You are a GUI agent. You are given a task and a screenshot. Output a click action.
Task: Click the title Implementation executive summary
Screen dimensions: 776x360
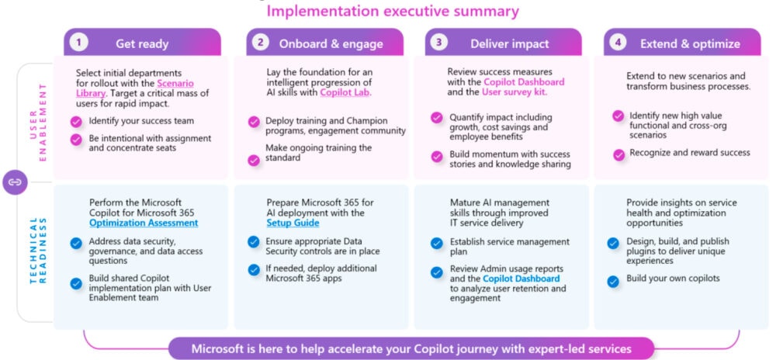393,11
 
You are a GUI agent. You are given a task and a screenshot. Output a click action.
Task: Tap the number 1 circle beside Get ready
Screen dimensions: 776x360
78,43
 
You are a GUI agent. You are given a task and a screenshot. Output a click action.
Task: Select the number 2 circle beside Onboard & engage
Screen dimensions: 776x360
260,43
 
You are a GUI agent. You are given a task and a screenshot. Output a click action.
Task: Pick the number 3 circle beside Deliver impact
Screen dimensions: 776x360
438,43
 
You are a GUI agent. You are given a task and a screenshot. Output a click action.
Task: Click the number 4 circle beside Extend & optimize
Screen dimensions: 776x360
618,43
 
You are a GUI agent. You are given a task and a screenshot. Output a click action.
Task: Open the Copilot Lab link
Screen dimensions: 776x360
345,92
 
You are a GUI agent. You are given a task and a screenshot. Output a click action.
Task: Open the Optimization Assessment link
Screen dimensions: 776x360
144,223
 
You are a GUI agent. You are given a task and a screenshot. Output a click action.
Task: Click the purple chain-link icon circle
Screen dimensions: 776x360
16,182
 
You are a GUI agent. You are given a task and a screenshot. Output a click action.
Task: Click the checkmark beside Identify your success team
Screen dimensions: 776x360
76,122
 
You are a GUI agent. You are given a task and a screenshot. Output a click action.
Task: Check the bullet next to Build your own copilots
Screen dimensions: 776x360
613,282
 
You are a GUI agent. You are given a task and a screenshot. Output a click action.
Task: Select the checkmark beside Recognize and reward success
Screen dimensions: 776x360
618,154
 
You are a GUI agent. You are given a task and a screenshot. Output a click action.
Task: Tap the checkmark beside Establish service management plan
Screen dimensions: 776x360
436,244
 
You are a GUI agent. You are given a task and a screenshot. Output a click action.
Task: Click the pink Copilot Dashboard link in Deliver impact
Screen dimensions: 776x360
524,82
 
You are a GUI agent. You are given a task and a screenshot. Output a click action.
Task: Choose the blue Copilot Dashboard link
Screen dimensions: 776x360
521,279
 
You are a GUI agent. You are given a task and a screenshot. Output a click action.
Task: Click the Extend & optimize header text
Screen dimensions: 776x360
691,43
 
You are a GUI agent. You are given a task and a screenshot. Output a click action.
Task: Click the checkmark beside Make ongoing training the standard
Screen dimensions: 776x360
254,161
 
